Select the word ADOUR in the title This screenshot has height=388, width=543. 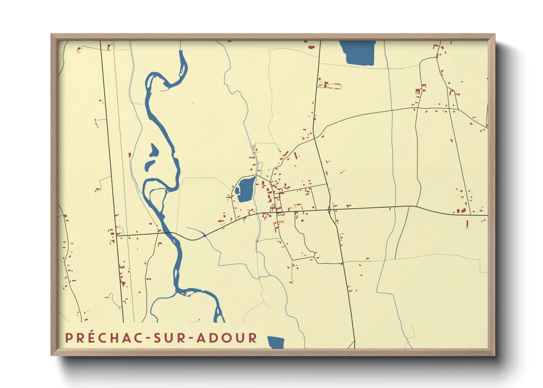point(227,338)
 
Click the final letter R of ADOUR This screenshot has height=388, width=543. point(253,338)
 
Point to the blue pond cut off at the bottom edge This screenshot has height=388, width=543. point(276,342)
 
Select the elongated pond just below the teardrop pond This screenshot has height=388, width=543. point(150,165)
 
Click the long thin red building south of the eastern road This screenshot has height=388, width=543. point(467,224)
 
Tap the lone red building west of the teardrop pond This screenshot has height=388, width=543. point(130,155)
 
